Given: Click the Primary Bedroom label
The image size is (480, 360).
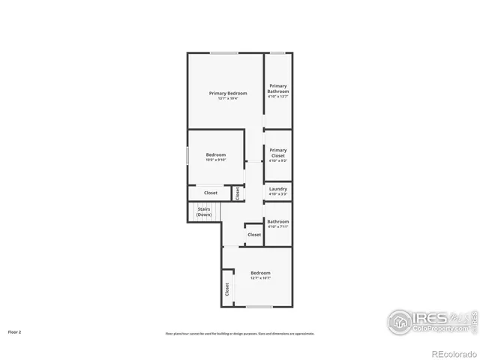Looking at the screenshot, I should tap(228, 93).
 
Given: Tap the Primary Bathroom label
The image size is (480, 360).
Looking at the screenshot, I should tap(278, 88).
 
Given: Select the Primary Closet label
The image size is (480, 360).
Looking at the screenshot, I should tap(278, 153).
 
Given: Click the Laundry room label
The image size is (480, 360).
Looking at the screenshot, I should tap(278, 189).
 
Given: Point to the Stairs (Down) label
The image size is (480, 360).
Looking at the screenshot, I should tap(204, 211).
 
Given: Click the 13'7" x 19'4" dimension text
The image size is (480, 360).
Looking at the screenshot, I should tap(228, 98).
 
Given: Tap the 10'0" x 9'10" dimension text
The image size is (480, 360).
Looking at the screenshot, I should tap(216, 160).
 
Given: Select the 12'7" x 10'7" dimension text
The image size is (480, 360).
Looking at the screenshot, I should tap(260, 278).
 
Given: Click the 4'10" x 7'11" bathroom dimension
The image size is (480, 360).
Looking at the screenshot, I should tap(278, 226).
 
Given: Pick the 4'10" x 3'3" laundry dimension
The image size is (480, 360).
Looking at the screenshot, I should tap(278, 194).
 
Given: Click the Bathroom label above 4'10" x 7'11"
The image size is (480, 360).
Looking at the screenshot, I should tap(278, 221).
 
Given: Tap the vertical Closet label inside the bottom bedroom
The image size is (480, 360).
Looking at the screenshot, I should tap(226, 289).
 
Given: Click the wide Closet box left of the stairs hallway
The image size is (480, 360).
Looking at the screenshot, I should tap(211, 193).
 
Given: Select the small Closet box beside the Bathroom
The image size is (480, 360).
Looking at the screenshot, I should tap(254, 235).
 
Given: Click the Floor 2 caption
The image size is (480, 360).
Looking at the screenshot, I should tap(14, 331).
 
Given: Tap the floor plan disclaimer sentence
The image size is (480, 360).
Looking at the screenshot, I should tap(240, 334).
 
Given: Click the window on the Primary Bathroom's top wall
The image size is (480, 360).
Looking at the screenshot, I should tap(277, 52).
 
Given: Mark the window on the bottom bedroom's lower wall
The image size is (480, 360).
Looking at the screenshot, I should tap(259, 307).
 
